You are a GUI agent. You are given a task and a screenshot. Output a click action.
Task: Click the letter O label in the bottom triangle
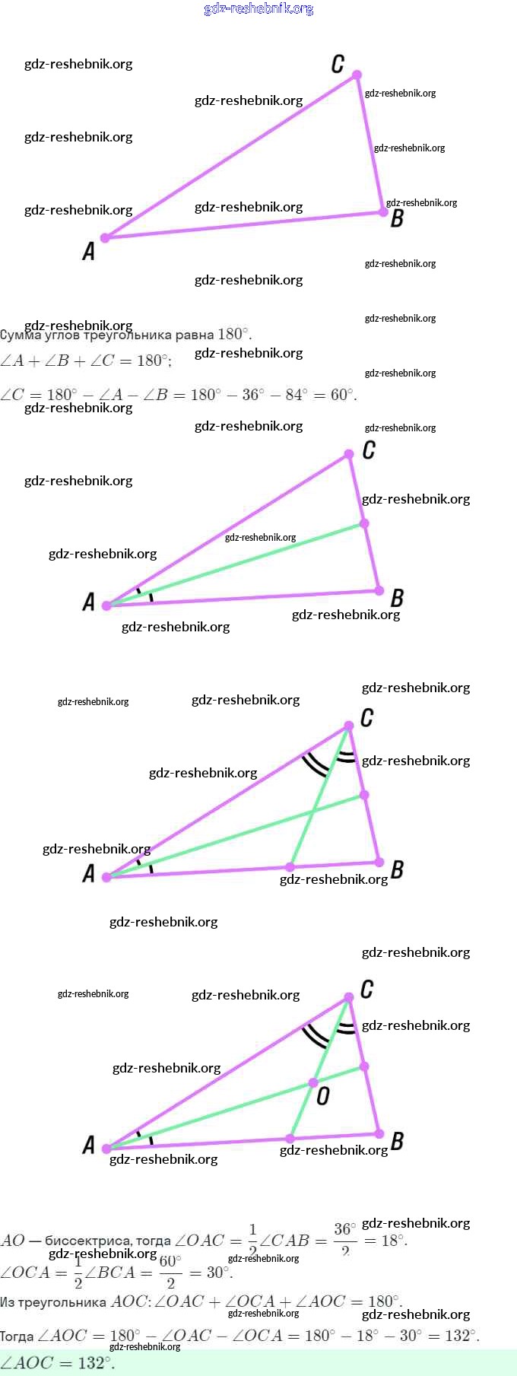323,1096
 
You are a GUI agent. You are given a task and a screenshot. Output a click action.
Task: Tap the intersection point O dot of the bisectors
312,1082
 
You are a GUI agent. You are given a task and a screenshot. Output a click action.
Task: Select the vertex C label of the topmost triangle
338,64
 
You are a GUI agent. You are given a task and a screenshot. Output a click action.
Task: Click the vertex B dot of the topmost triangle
383,211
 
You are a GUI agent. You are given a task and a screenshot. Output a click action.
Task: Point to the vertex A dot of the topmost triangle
106,238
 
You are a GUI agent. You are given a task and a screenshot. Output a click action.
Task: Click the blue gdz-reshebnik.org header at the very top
258,9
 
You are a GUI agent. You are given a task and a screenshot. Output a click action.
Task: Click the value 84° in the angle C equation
296,395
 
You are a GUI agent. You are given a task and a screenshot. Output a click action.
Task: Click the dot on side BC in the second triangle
364,523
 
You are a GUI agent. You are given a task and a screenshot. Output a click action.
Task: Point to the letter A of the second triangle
89,602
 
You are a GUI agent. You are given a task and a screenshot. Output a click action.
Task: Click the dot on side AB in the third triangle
290,866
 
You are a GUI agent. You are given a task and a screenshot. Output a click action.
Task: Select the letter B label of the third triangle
396,869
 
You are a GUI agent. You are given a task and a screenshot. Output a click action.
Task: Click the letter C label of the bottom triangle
366,990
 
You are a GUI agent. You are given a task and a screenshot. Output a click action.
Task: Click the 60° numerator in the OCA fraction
170,1261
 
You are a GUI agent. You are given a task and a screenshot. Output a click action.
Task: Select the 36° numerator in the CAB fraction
344,1229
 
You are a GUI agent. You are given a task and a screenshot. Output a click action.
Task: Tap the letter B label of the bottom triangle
396,1141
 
